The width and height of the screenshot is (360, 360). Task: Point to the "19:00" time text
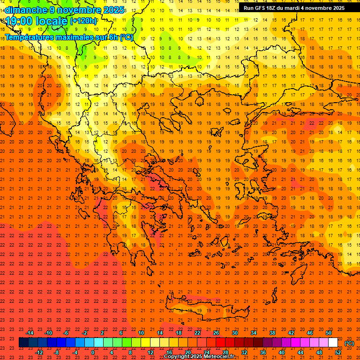coord(19,21)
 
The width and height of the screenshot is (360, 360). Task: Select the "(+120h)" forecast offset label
coord(83,21)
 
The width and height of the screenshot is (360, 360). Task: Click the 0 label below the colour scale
coord(93,352)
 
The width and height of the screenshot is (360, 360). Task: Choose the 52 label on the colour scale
coord(338,352)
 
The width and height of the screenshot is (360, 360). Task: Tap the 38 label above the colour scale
coord(272,332)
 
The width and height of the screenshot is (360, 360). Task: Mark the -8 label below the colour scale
coord(57,352)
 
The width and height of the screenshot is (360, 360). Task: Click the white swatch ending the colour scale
coord(333,343)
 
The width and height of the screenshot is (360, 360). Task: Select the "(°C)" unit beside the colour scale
coord(349,343)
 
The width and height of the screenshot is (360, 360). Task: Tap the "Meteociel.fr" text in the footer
coord(226,357)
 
